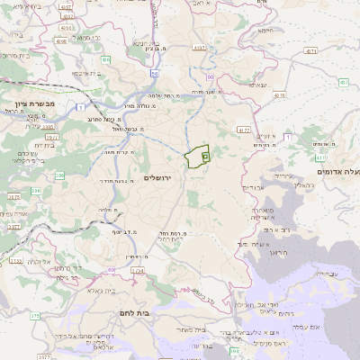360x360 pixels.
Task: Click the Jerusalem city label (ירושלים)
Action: click(x=163, y=177)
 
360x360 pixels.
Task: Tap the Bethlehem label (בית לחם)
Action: click(x=133, y=312)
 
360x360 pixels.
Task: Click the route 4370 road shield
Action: click(x=279, y=94)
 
